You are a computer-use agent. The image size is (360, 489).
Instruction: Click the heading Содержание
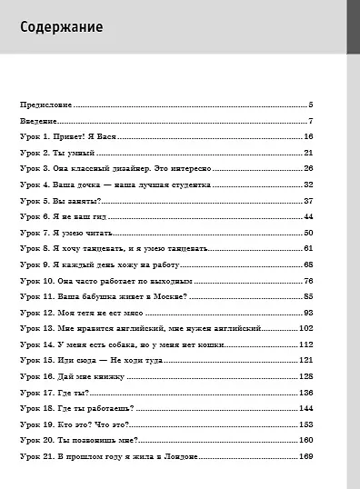pyautogui.click(x=61, y=27)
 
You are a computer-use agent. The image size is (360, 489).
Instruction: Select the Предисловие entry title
pyautogui.click(x=46, y=105)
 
